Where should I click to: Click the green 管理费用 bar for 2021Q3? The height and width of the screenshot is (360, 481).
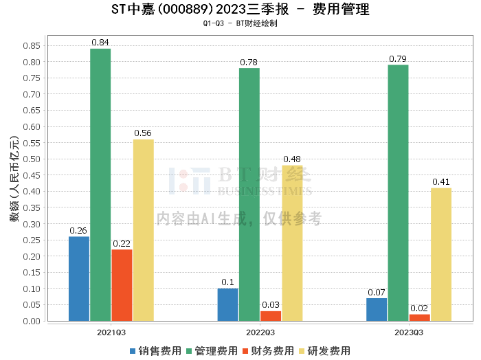[x=100, y=185]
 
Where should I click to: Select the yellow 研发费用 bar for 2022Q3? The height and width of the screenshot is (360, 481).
[x=292, y=243]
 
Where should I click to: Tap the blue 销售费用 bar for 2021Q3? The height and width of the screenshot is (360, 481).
[x=79, y=279]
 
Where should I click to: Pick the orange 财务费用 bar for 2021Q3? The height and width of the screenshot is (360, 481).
[x=122, y=285]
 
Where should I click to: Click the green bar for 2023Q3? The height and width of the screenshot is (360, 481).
[x=398, y=193]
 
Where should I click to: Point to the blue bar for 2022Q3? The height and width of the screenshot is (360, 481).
[x=227, y=304]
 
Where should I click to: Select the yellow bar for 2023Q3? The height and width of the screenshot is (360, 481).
[x=441, y=254]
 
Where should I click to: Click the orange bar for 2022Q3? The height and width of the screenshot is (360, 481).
[x=271, y=316]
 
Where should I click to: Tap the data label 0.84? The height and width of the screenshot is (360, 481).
[x=100, y=43]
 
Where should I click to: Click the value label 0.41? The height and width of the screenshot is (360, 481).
[x=441, y=182]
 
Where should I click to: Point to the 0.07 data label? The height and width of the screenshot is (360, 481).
[x=377, y=292]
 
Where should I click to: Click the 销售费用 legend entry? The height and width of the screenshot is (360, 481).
[x=155, y=351]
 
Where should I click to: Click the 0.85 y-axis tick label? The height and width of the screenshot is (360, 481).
[x=30, y=45]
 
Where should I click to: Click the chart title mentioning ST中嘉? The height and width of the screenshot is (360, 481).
[x=240, y=10]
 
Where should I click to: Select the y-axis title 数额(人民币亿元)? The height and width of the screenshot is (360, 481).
[x=14, y=182]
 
